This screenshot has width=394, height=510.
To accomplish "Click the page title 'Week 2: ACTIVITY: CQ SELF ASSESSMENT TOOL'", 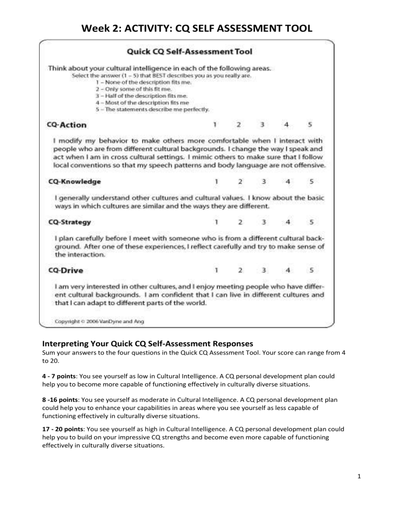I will pos(197,24).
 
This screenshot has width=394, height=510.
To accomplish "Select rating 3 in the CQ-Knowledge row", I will pos(263,181).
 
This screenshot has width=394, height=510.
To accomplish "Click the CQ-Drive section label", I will pos(67,270).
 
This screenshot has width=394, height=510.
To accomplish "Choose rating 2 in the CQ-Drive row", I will pos(240,270).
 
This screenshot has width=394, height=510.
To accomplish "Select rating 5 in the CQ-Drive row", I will pos(310,270).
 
